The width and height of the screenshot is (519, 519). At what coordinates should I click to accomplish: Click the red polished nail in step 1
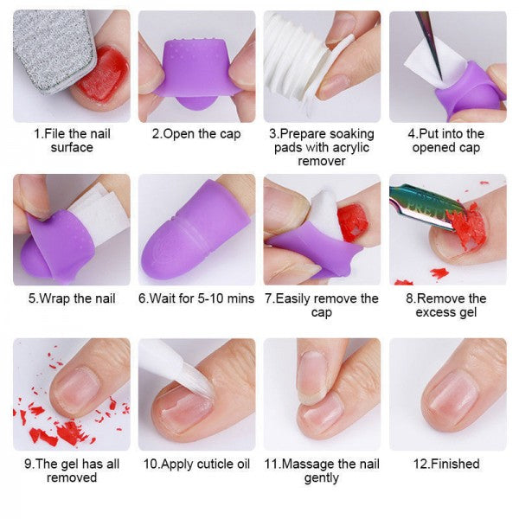pos(103,74)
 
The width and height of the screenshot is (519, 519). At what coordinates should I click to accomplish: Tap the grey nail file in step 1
pos(53,49)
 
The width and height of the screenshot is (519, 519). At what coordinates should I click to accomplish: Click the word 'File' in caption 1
pos(55,134)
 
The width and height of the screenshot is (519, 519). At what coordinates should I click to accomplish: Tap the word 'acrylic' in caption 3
pos(350,148)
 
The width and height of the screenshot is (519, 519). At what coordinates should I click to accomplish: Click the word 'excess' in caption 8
pos(432,312)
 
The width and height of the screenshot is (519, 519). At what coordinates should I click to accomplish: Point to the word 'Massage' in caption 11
pos(304,465)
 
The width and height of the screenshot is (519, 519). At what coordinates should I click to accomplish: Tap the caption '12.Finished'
pos(446,464)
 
